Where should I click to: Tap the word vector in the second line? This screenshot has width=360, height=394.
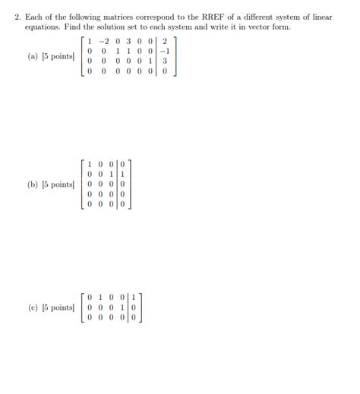click(x=254, y=27)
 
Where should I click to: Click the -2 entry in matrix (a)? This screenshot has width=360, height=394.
click(x=106, y=41)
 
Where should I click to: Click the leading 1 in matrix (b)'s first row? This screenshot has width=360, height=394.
click(x=90, y=163)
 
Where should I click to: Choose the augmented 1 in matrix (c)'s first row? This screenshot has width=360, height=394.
click(x=133, y=297)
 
